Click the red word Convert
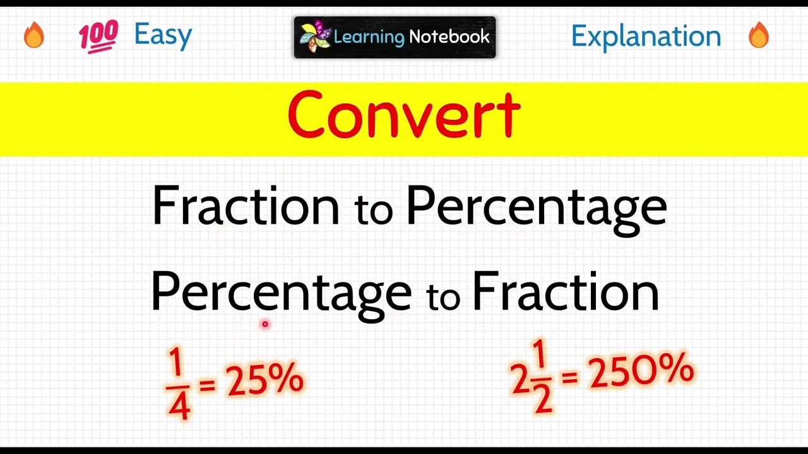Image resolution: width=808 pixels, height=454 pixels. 403,116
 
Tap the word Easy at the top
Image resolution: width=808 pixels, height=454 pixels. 163,35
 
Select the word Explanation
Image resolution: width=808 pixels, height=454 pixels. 646,37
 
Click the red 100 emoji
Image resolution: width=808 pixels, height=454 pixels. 98,35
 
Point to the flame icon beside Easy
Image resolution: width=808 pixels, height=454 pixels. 34,35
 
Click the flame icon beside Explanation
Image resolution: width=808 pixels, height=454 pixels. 759,35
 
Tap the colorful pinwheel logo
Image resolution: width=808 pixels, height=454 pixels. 315,37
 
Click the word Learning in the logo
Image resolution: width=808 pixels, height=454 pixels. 369,37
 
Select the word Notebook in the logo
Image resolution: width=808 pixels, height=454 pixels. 449,37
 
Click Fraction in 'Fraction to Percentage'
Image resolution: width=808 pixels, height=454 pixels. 246,206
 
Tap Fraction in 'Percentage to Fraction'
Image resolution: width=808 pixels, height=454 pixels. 566,292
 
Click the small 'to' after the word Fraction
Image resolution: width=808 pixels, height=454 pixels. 373,210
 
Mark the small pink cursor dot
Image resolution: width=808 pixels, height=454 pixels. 265,324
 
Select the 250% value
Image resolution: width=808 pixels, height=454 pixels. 641,372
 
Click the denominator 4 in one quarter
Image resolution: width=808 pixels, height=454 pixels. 179,407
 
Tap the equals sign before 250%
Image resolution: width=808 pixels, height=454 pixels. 569,377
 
